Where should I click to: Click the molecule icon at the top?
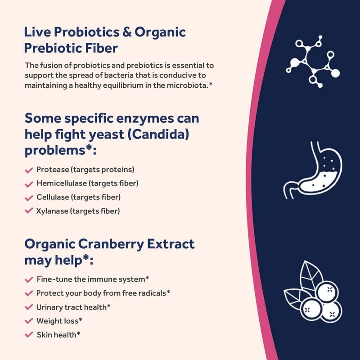312,62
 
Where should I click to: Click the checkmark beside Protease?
29,170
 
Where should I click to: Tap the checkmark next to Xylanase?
29,211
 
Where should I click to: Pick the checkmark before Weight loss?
29,321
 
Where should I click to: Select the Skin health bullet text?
58,334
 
